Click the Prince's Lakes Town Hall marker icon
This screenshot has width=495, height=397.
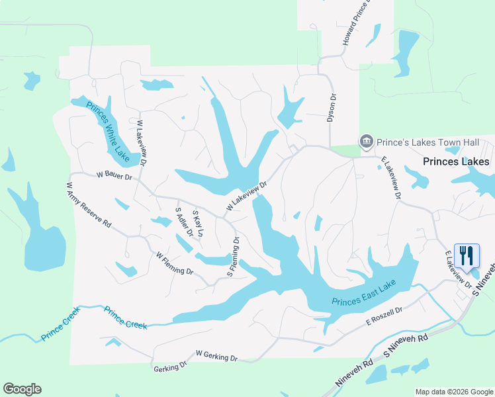pyautogui.click(x=365, y=142)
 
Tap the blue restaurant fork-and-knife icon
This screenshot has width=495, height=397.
pyautogui.click(x=467, y=255)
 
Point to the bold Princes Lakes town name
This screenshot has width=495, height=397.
pyautogui.click(x=457, y=161)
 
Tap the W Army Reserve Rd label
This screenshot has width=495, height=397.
pyautogui.click(x=88, y=205)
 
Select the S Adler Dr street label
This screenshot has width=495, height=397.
pyautogui.click(x=183, y=222)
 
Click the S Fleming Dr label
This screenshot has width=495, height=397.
pyautogui.click(x=234, y=255)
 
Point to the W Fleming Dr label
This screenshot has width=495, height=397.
pyautogui.click(x=174, y=263)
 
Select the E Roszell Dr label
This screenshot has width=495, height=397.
pyautogui.click(x=384, y=316)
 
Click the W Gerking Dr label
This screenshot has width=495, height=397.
pyautogui.click(x=216, y=357)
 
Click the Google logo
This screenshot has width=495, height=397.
pyautogui.click(x=22, y=389)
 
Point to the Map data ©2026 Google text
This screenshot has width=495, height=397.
pyautogui.click(x=453, y=392)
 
